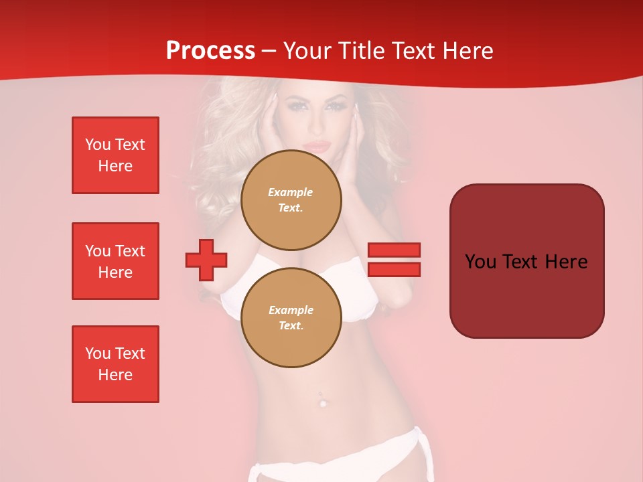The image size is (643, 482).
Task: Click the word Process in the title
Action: [x=210, y=51]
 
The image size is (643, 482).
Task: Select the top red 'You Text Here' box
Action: [x=115, y=155]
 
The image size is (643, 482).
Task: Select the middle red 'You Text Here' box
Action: [x=115, y=261]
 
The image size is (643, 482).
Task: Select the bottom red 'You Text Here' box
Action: [x=115, y=364]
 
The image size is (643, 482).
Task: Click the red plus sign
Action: [x=206, y=260]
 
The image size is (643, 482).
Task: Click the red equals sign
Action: [x=394, y=260]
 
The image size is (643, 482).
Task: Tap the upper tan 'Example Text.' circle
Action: [x=291, y=199]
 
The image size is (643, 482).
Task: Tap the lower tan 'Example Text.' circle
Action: [x=291, y=317]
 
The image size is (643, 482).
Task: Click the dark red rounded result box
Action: [x=526, y=261]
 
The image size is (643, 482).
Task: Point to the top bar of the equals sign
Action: [x=394, y=250]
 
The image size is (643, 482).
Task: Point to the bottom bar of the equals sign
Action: [x=394, y=269]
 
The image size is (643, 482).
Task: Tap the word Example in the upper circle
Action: [x=291, y=192]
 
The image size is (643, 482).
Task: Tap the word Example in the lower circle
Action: [x=291, y=310]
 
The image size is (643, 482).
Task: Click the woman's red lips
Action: [x=318, y=147]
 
